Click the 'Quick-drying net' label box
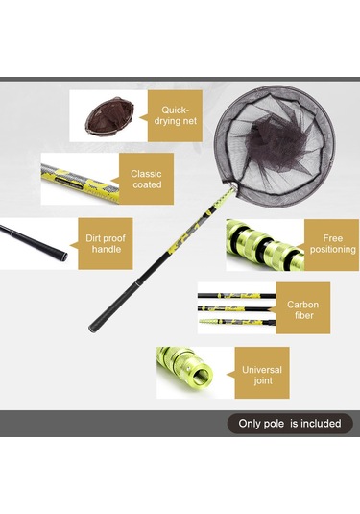pos(175,115)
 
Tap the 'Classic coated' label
pos(146,179)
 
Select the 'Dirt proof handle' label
pos(106,244)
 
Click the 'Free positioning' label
pos(331,245)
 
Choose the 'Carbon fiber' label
pos(303,308)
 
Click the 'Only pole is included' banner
pos(290,424)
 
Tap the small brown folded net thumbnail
pos(109,116)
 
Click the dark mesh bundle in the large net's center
pos(276,141)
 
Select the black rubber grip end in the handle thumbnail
pos(61,256)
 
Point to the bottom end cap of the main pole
pos(92,328)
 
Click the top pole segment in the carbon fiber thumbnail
pos(236,296)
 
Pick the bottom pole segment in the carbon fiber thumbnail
pos(237,322)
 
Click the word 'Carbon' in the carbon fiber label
pos(303,305)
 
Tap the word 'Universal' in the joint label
pos(262,370)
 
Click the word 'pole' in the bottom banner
pos(274,424)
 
